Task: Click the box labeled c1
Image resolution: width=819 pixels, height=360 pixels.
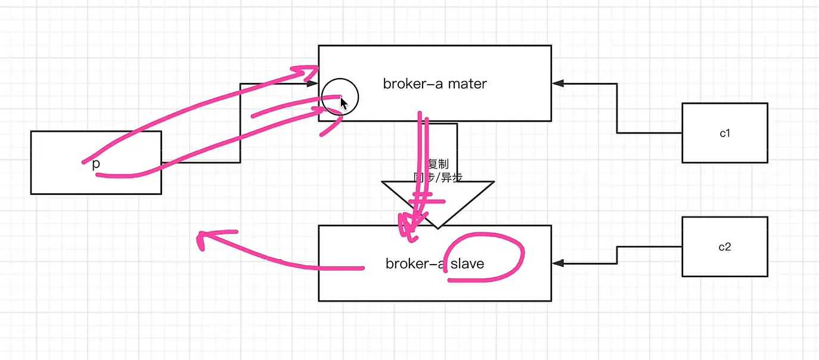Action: [724, 149]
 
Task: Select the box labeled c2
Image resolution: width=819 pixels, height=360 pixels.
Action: [724, 262]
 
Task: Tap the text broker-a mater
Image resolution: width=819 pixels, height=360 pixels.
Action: [435, 84]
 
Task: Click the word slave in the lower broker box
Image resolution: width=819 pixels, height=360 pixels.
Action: [467, 263]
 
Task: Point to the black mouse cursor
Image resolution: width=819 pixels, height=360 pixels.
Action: [344, 103]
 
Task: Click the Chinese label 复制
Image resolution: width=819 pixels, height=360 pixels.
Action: [438, 165]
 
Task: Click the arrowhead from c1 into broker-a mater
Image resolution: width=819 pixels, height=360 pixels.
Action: [557, 83]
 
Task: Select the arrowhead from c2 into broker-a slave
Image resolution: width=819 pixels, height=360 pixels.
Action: [557, 263]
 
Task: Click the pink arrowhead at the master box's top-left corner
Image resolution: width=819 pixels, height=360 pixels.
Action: [311, 71]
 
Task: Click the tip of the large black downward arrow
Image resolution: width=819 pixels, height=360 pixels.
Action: [438, 226]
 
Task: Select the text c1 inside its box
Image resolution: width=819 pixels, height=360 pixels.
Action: [725, 133]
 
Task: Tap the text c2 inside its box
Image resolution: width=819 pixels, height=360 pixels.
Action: [725, 247]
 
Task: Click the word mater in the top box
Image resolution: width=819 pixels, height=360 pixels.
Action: [468, 84]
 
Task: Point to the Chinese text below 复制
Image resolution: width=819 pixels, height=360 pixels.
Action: [438, 177]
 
